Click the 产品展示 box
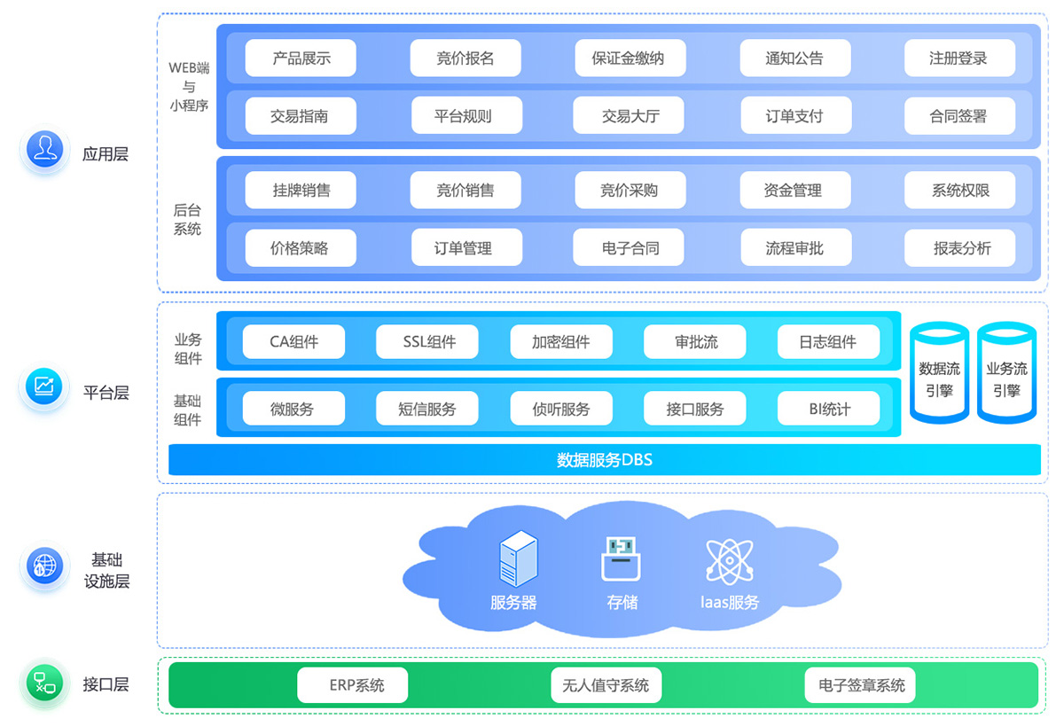tap(301, 59)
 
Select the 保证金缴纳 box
tap(630, 59)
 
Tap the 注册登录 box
tap(959, 59)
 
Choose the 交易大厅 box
tap(630, 116)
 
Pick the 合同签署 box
tap(959, 116)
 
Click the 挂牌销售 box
tap(301, 191)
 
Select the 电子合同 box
tap(630, 248)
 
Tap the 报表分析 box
tap(959, 248)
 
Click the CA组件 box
tap(293, 342)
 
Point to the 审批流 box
tap(694, 342)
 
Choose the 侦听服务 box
tap(560, 409)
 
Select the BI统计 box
tap(828, 409)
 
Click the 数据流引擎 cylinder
tap(939, 373)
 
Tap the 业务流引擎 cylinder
tap(1006, 373)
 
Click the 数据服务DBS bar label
tap(604, 460)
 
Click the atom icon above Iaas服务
tap(729, 561)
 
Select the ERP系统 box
tap(352, 685)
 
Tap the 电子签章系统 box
tap(860, 685)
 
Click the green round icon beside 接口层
tap(43, 683)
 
